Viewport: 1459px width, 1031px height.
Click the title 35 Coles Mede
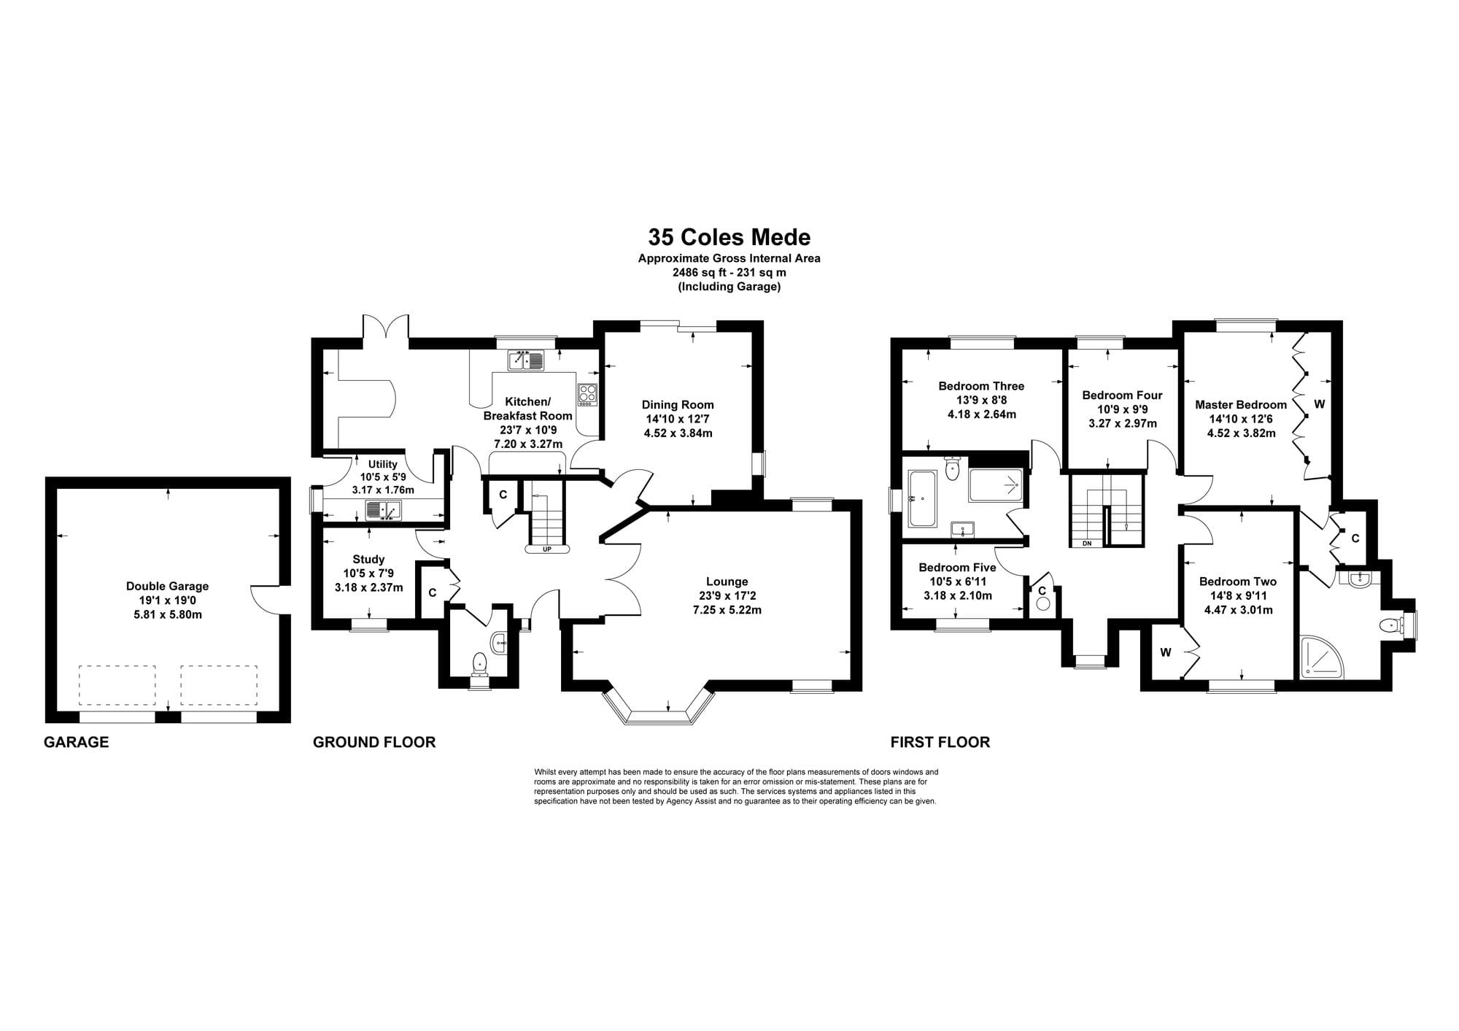click(x=729, y=237)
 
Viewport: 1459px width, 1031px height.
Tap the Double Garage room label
click(x=167, y=586)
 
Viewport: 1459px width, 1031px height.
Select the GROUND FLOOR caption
click(x=374, y=742)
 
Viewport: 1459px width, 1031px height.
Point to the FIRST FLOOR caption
click(x=940, y=742)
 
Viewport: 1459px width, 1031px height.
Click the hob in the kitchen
click(x=587, y=395)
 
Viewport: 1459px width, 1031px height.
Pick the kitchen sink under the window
click(x=526, y=360)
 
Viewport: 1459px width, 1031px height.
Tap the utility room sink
click(x=384, y=510)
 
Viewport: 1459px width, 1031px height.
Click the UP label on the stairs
click(x=547, y=549)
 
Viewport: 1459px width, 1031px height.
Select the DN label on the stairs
click(x=1087, y=543)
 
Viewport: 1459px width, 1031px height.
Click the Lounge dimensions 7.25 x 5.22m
click(x=727, y=609)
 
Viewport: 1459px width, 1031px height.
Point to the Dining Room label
click(x=678, y=405)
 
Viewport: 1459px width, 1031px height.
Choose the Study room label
click(x=368, y=560)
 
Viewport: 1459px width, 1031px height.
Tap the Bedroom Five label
click(x=957, y=567)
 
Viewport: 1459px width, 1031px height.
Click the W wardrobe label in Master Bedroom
click(x=1319, y=403)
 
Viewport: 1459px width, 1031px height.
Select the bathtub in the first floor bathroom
click(x=923, y=498)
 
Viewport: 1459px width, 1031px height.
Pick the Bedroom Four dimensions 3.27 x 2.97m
click(x=1123, y=423)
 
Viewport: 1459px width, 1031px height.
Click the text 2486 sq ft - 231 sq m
click(x=729, y=272)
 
